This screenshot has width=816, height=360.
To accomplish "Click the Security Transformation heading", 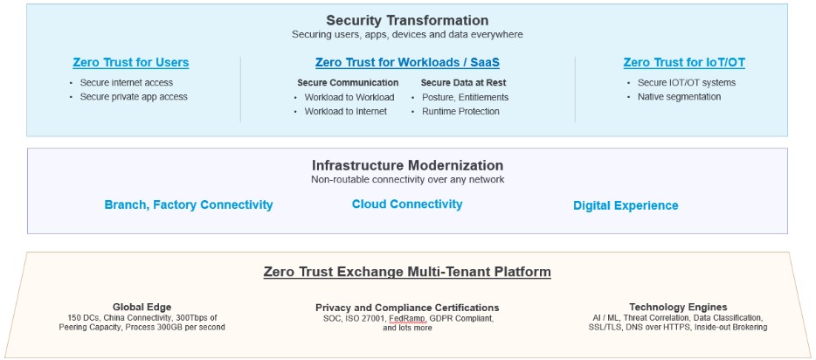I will click(x=407, y=20).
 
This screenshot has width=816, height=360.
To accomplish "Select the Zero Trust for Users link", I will click(x=130, y=63).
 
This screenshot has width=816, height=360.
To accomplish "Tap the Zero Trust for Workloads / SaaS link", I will click(x=407, y=63).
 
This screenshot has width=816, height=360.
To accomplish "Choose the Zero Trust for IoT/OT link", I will click(x=684, y=63).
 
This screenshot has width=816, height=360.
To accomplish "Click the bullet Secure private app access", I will click(x=133, y=96).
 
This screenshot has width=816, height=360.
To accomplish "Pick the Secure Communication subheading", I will click(x=348, y=82).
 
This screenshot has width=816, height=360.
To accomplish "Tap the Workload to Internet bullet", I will click(x=345, y=111).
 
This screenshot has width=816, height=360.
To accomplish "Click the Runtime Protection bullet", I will click(x=460, y=111).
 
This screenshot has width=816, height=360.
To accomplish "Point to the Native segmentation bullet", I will click(x=679, y=96).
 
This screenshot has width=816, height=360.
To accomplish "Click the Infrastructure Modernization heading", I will click(x=407, y=165).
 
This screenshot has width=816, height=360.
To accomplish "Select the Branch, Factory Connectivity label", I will click(x=189, y=205).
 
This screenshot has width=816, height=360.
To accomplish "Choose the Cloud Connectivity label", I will click(x=407, y=204).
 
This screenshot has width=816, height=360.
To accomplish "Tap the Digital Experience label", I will click(x=626, y=205).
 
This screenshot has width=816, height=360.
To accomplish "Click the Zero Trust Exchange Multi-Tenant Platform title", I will click(x=407, y=272).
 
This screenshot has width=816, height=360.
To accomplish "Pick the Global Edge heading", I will click(x=142, y=307).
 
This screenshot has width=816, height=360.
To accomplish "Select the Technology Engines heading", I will click(x=678, y=307).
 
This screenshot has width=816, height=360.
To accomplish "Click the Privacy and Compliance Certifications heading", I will click(x=407, y=308).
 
